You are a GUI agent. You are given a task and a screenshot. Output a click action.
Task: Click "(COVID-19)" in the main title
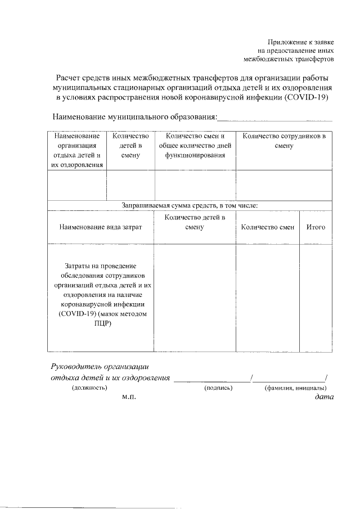[307, 97]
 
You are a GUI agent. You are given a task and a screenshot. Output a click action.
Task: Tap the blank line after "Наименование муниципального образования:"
[274, 118]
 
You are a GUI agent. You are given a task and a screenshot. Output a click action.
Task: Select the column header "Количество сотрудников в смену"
[284, 141]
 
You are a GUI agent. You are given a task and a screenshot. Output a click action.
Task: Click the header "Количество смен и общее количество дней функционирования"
[195, 146]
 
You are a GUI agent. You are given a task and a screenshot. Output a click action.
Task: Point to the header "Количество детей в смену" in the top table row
[130, 146]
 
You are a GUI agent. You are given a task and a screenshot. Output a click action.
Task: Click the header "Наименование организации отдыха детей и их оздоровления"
[77, 150]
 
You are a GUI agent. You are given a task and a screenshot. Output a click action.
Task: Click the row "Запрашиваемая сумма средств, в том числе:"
[190, 206]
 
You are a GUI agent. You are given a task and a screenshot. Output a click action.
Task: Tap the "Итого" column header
[316, 227]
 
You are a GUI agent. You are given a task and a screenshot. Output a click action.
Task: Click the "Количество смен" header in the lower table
[267, 227]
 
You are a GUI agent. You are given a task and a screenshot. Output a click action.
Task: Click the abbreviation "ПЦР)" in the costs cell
[102, 324]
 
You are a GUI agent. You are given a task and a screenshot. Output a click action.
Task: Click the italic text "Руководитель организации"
[98, 366]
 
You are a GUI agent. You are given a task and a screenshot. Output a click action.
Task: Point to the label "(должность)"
[89, 388]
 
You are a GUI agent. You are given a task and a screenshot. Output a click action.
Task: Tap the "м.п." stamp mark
[129, 397]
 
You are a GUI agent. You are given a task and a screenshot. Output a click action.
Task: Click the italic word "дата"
[324, 397]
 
